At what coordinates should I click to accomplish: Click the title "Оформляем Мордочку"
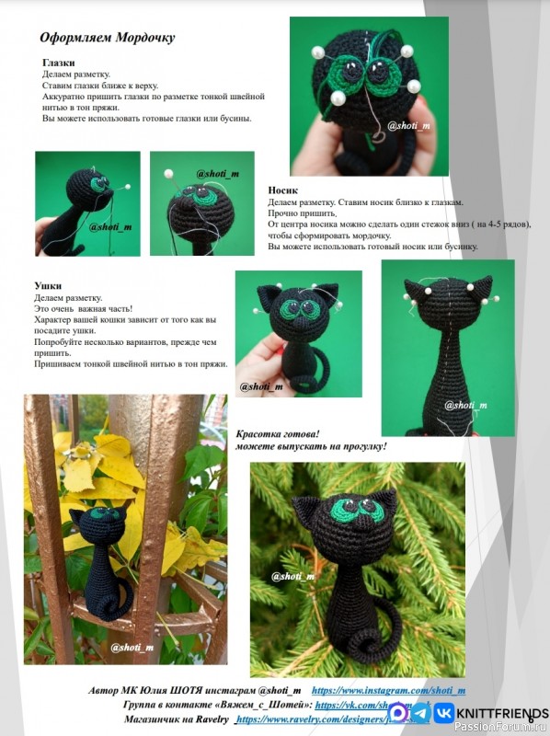(x=107, y=38)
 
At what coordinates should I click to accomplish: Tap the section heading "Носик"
(x=282, y=190)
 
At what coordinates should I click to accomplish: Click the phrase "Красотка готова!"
(x=277, y=433)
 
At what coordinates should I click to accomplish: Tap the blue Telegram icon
(x=419, y=712)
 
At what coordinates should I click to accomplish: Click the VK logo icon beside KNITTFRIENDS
(x=443, y=712)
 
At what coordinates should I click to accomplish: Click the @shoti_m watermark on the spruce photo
(x=293, y=576)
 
